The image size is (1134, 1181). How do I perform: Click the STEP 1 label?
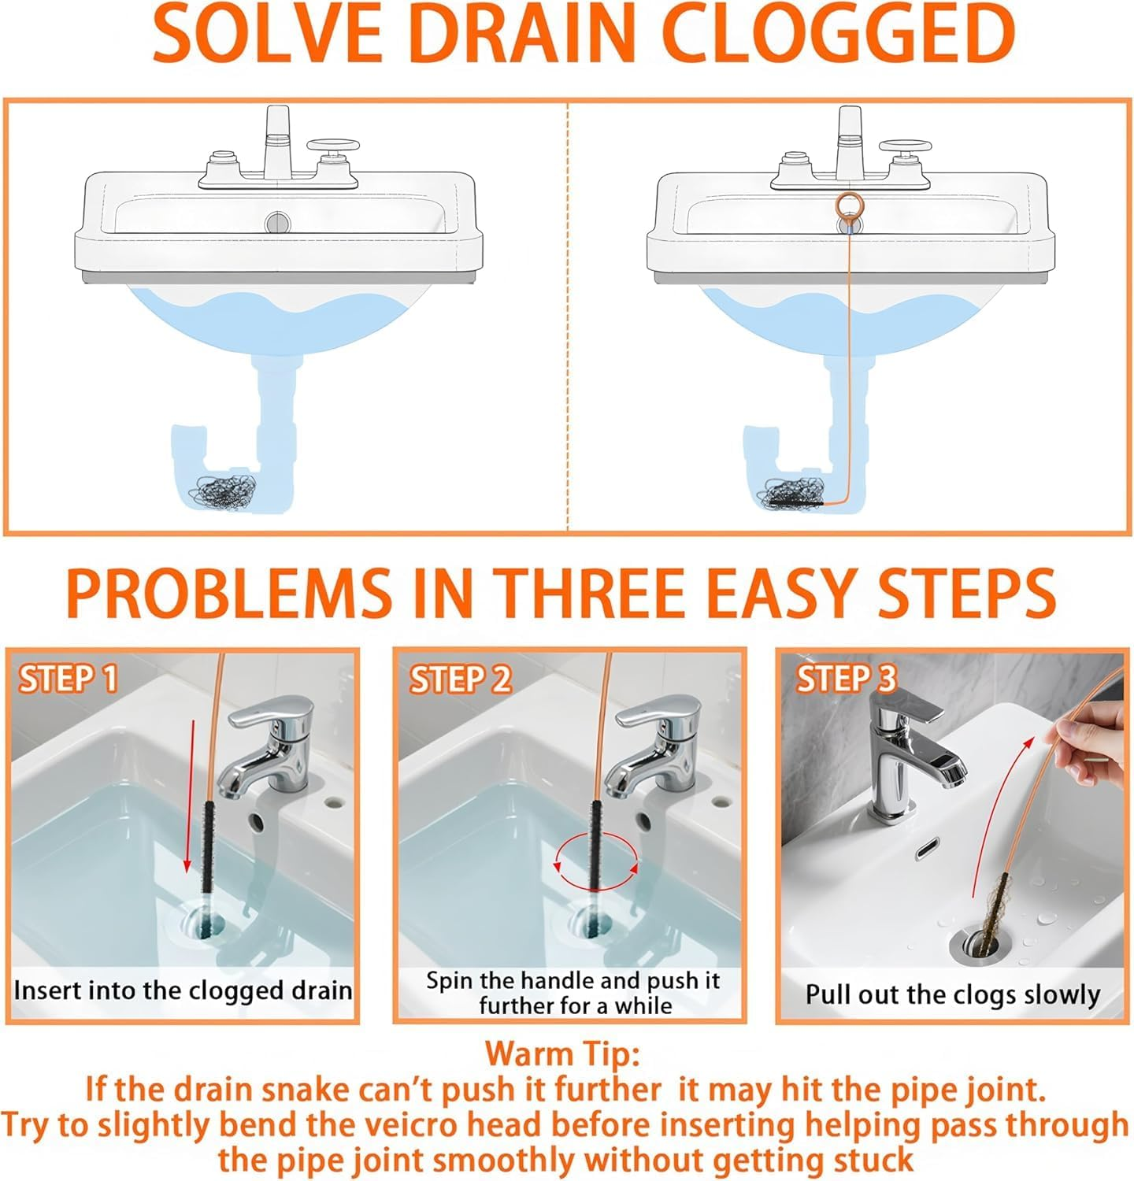point(69,679)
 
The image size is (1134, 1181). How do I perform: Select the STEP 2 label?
point(460,679)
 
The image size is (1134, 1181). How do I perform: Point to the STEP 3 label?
point(846,679)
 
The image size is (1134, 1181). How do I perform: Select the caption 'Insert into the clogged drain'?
point(183,990)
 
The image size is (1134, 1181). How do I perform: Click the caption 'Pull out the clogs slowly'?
point(952,994)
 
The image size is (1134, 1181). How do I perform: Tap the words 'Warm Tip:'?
point(562,1053)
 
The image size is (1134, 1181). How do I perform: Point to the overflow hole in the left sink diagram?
point(277,222)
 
